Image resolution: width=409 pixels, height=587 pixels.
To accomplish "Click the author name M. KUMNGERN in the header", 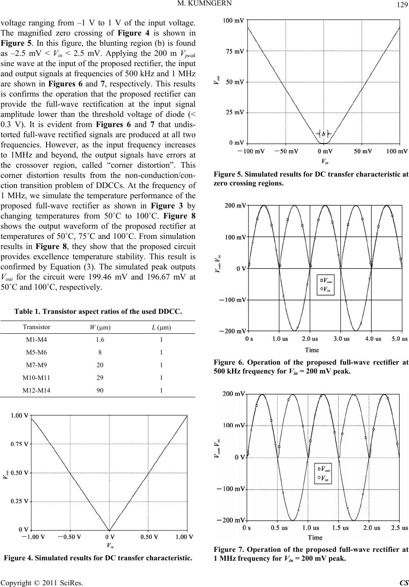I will tap(204, 4).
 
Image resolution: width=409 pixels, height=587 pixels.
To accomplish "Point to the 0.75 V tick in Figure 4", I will tap(19, 444).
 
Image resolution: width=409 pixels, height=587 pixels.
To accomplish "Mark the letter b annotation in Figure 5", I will tap(323, 134).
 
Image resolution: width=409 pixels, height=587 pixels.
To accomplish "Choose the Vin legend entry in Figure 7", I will tap(325, 479).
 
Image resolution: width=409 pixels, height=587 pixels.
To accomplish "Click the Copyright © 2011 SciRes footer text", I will tap(41, 583).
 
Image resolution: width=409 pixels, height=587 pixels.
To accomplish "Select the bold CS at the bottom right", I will tap(404, 583).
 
